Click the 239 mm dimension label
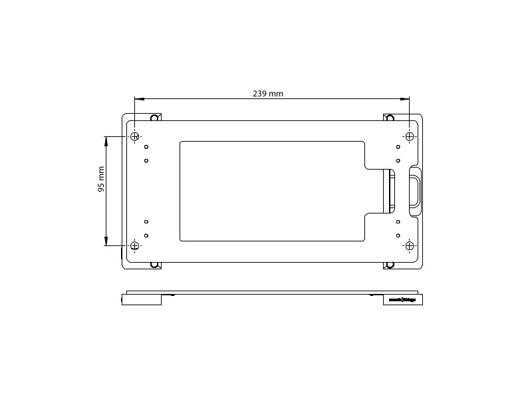point(268,94)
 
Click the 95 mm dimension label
point(102,180)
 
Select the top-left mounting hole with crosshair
point(135,137)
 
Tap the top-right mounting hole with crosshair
point(410,137)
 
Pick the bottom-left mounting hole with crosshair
point(135,246)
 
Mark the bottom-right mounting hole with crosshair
point(410,246)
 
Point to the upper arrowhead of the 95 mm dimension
point(106,140)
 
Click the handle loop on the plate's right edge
point(415,191)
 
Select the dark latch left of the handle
point(388,191)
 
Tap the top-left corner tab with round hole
point(154,118)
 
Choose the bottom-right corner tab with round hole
point(390,265)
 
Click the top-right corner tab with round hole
point(390,118)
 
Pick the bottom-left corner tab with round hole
point(154,265)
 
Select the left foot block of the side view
point(142,300)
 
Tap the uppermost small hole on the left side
point(146,147)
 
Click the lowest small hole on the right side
point(398,235)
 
